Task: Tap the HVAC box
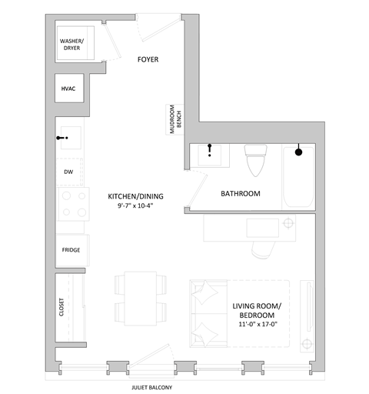[x=69, y=89]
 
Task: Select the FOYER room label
[x=148, y=60]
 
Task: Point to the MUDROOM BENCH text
[x=175, y=119]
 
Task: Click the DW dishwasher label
[x=68, y=172]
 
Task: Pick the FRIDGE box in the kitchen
[x=71, y=249]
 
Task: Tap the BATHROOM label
[x=241, y=194]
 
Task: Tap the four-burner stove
[x=72, y=206]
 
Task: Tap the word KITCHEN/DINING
[x=136, y=196]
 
